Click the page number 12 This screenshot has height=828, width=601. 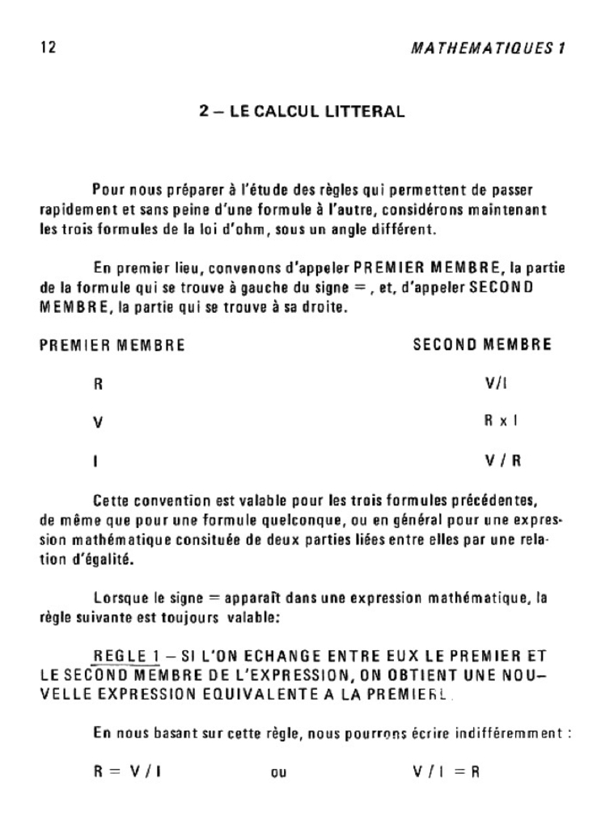point(48,48)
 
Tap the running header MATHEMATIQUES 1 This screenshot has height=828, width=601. point(486,48)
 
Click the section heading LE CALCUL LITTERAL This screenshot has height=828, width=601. point(303,111)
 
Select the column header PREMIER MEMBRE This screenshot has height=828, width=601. point(112,345)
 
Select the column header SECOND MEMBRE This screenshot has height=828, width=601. point(482,345)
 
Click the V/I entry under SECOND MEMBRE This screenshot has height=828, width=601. point(496,384)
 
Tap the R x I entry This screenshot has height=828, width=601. point(502,422)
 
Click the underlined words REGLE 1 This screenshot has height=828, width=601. point(129,655)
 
